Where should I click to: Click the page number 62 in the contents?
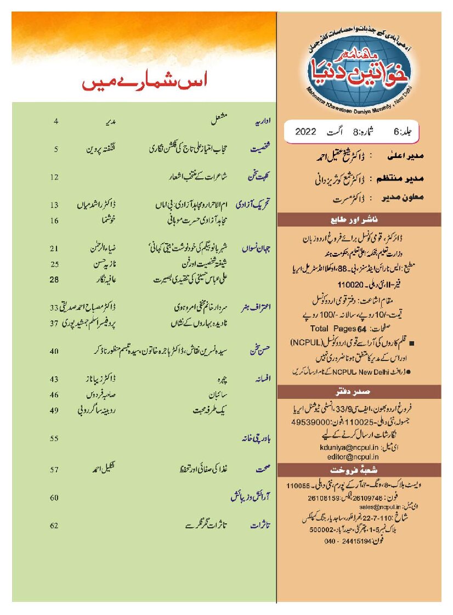point(54,526)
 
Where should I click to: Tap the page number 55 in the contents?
point(54,439)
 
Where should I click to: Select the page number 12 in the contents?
point(54,177)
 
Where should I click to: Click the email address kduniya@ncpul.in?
point(346,448)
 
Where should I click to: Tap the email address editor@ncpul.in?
point(346,456)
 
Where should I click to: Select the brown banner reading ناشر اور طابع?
point(359,222)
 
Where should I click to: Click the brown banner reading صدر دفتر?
point(359,392)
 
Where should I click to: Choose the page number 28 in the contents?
point(54,279)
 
